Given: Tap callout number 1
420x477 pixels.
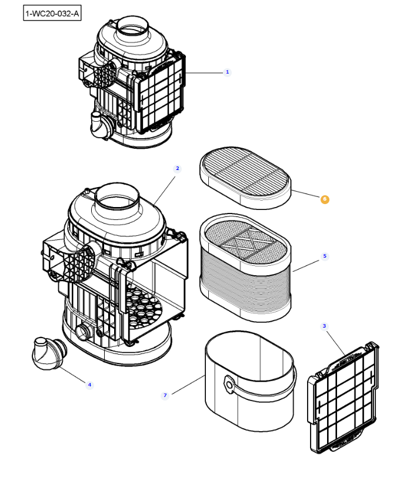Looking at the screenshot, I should coord(228,72).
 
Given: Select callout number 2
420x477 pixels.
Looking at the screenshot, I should coord(177,168).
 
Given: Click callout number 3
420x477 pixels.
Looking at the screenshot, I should coord(324,325).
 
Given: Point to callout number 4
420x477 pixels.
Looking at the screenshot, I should coord(89,385).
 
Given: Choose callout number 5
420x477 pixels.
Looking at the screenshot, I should coord(324,256).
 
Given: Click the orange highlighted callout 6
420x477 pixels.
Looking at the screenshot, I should coord(325,199).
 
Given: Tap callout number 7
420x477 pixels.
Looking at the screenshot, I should coord(165,396).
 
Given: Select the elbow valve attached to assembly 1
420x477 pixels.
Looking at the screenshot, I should coord(99,125).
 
